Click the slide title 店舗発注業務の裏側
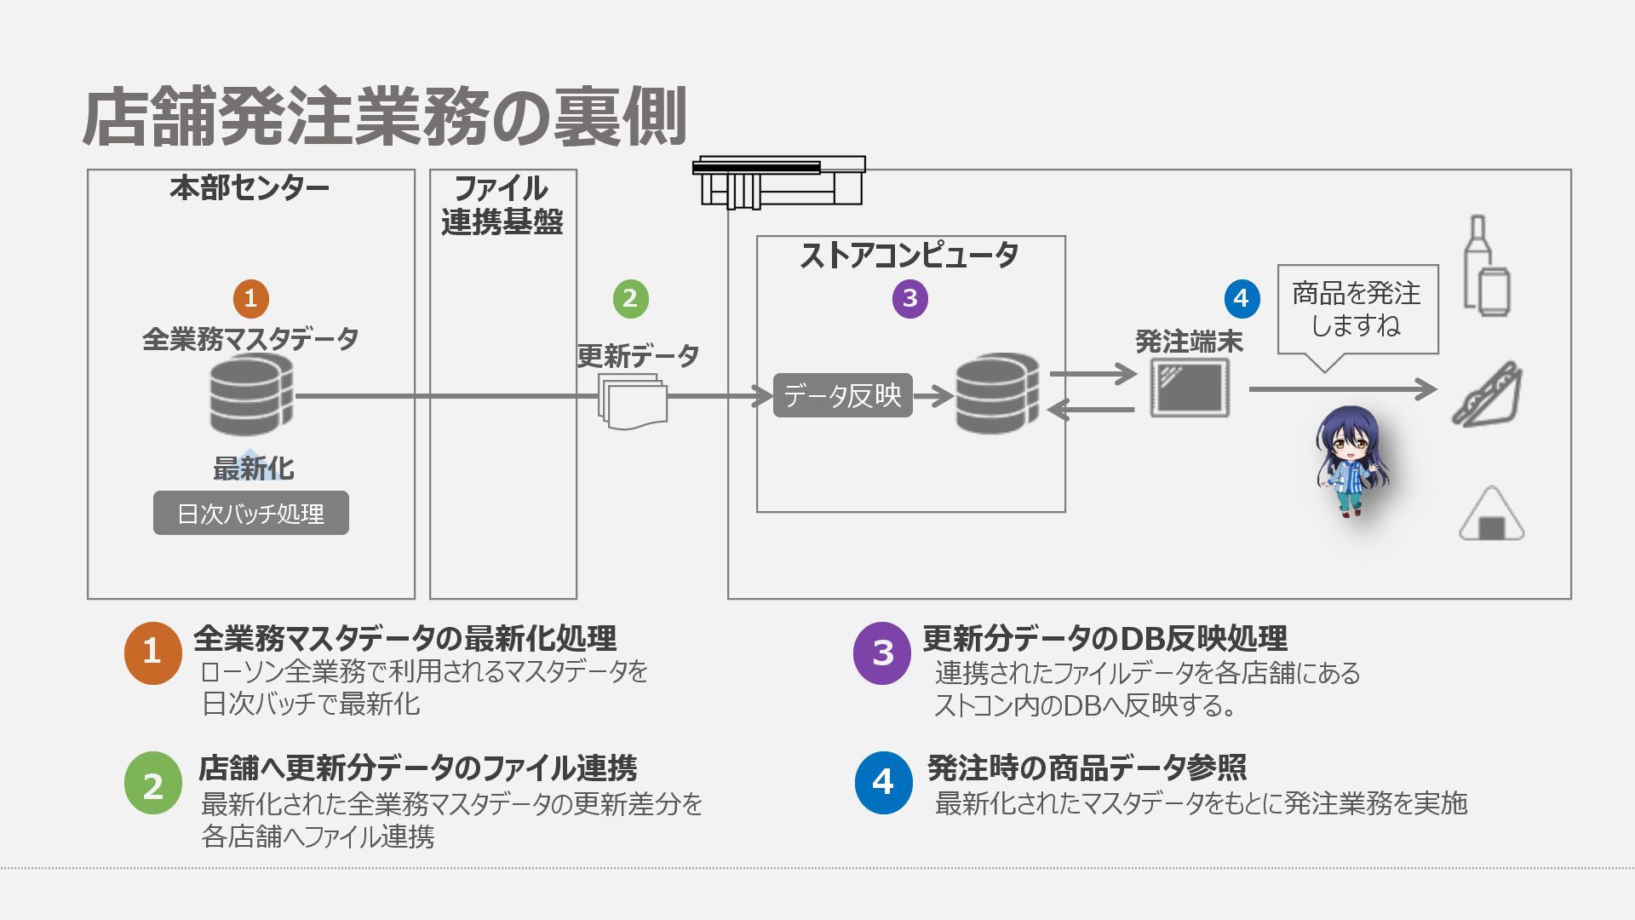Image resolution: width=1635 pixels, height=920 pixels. [x=384, y=117]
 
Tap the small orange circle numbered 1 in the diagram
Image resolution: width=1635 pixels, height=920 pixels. [x=250, y=298]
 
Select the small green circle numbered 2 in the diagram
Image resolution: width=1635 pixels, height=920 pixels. [x=630, y=298]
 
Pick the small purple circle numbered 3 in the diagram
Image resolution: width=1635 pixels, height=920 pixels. [x=909, y=298]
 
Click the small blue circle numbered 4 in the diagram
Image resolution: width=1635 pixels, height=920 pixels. [x=1241, y=298]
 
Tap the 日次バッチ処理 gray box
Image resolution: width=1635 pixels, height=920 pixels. [x=250, y=514]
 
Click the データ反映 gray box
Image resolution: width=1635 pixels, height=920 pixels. [x=842, y=395]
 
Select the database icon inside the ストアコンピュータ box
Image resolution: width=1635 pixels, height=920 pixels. [x=997, y=394]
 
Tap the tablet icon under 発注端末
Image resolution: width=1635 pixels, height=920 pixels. [x=1190, y=388]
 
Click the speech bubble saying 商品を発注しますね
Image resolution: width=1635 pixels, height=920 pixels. [x=1357, y=310]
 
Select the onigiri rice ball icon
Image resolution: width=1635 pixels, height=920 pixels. [x=1491, y=515]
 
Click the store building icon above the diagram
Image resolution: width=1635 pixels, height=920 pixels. [x=779, y=181]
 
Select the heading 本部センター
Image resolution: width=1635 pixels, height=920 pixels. [x=250, y=188]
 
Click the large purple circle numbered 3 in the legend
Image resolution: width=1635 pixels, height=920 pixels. [x=882, y=653]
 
